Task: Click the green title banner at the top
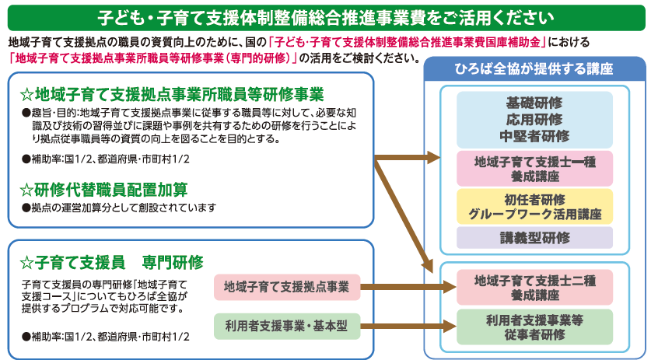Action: point(328,16)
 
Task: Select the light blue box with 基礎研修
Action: point(534,120)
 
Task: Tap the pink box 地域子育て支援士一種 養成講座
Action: point(534,169)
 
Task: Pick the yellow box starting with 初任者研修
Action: point(534,207)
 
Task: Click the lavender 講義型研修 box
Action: point(534,237)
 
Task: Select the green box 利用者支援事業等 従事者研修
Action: point(534,326)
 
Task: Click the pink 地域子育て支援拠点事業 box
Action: point(287,287)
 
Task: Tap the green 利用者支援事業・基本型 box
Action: point(287,325)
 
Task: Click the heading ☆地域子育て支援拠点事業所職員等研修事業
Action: point(171,95)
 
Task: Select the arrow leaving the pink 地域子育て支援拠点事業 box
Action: point(401,287)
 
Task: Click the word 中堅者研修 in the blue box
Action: point(534,135)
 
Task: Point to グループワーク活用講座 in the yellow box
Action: point(534,215)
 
